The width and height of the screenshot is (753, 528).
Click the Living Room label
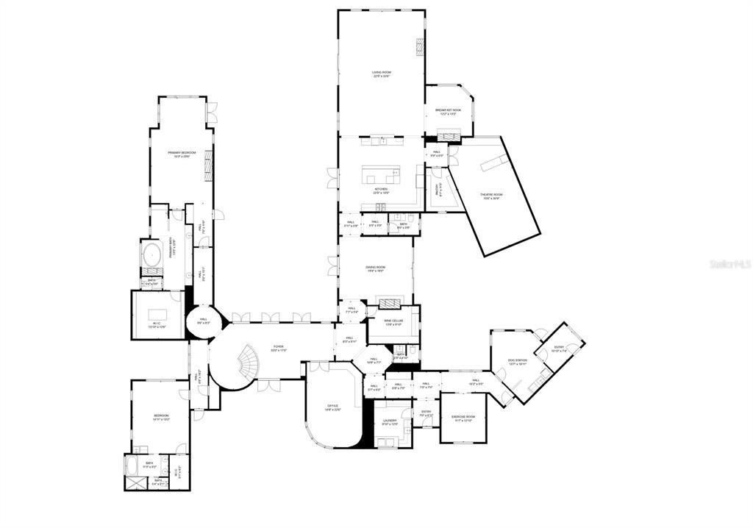coord(381,74)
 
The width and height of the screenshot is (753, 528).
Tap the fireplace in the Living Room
coord(421,47)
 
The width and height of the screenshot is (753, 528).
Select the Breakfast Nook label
coord(448,111)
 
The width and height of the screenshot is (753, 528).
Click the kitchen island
coord(380,176)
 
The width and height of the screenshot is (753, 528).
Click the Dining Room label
coord(376,268)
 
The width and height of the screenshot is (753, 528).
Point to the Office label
coord(332,407)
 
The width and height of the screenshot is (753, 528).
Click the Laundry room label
coord(390,422)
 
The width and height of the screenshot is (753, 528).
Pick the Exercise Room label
coord(463,418)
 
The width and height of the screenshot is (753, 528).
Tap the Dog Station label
coord(518,361)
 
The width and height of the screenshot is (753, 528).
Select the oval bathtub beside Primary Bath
coord(151,255)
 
